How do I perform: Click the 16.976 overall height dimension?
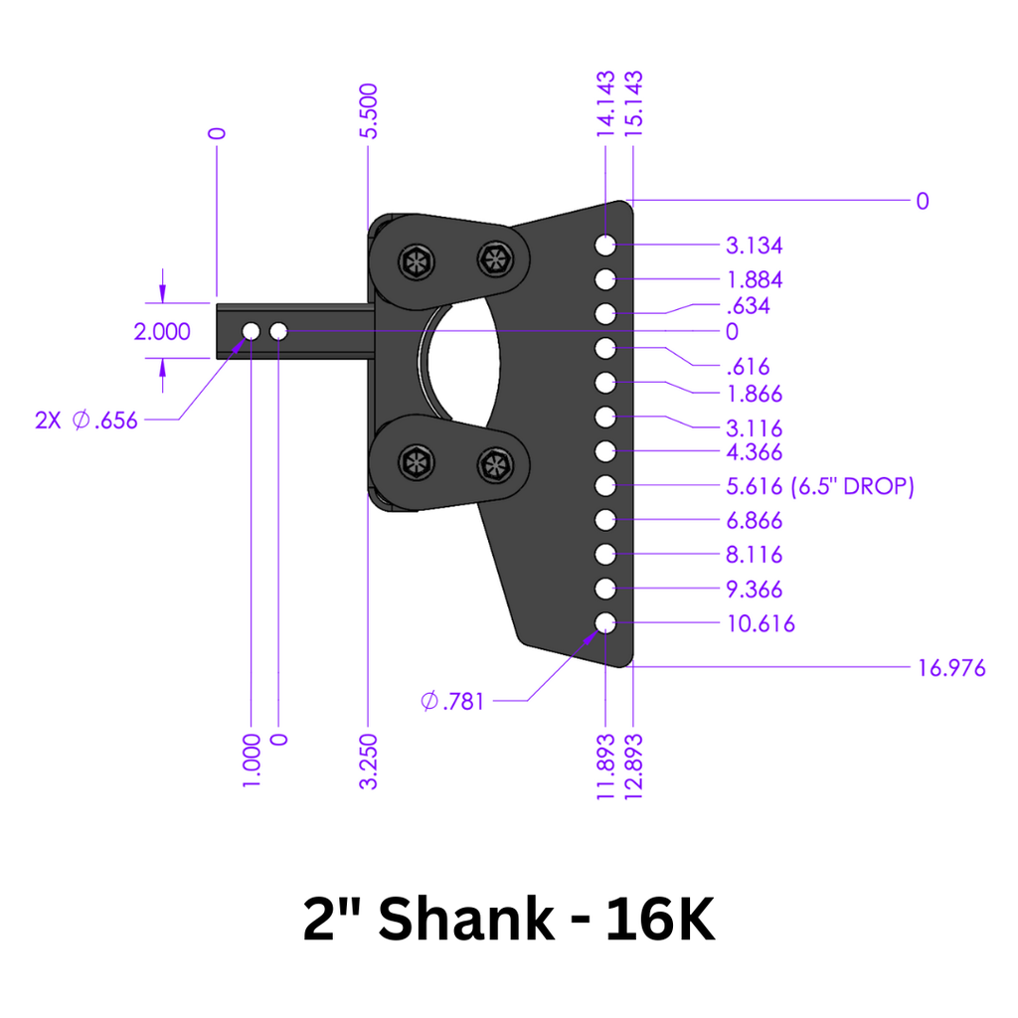pyautogui.click(x=950, y=668)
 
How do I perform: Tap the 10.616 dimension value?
pyautogui.click(x=762, y=624)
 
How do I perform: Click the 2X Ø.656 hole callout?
pyautogui.click(x=85, y=421)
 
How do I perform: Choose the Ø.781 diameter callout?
pyautogui.click(x=452, y=702)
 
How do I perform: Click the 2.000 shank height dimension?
pyautogui.click(x=162, y=332)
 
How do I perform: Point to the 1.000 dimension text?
pyautogui.click(x=251, y=762)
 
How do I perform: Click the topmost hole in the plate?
pyautogui.click(x=605, y=245)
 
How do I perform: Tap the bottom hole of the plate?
pyautogui.click(x=605, y=623)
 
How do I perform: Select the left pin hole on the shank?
pyautogui.click(x=251, y=330)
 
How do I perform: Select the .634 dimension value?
pyautogui.click(x=749, y=305)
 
